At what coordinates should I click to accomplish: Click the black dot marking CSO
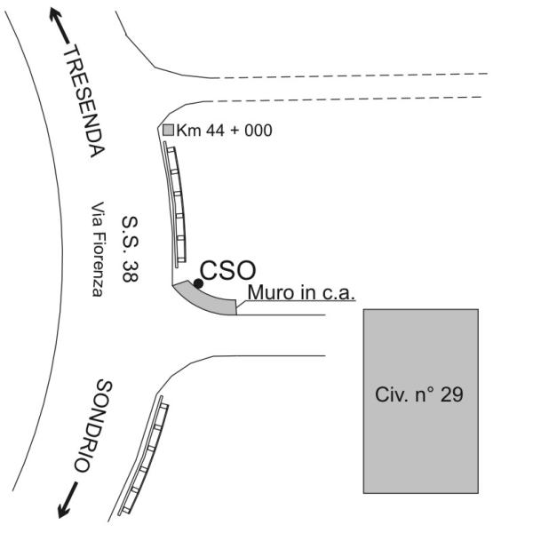click(198, 283)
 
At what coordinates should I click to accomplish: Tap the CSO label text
click(227, 271)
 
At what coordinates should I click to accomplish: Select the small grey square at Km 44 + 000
click(168, 130)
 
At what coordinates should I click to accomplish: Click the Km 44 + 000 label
click(225, 131)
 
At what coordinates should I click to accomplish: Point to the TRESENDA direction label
click(84, 101)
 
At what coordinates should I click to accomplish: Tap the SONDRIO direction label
click(93, 426)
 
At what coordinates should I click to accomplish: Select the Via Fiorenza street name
click(97, 249)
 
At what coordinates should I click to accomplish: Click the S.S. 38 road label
click(130, 249)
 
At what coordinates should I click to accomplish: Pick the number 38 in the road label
click(130, 271)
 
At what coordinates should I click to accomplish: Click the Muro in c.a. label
click(301, 292)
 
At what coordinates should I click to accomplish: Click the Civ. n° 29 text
click(418, 394)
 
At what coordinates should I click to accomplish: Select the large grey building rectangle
click(421, 402)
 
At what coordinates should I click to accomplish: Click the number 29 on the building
click(452, 395)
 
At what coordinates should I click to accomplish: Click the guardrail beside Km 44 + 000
click(175, 204)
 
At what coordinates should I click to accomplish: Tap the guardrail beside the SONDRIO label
click(144, 456)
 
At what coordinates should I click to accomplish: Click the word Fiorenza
click(97, 265)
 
